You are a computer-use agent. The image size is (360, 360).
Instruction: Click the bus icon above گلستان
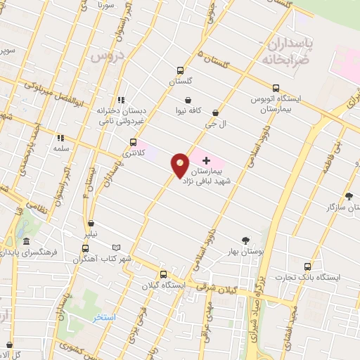click(x=180, y=70)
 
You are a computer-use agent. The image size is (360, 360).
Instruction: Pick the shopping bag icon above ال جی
click(x=215, y=112)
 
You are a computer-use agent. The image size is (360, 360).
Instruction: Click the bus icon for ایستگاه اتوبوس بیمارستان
click(x=276, y=89)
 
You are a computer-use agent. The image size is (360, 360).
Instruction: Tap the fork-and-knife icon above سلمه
click(x=60, y=138)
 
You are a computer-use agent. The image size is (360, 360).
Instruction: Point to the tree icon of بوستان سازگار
click(x=349, y=196)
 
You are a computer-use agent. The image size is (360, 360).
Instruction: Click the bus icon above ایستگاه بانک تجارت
click(x=307, y=266)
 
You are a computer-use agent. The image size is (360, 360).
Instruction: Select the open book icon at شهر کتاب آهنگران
click(x=117, y=247)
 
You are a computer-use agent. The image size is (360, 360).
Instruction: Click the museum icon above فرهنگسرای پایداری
click(x=26, y=241)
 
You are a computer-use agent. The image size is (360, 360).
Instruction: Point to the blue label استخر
click(x=104, y=318)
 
